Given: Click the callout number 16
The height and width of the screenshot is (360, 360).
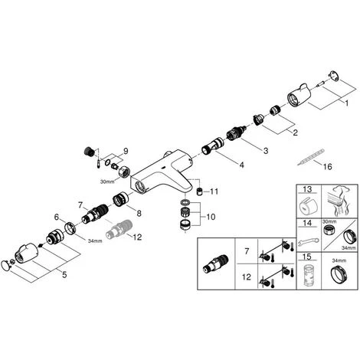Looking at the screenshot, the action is [x=328, y=167].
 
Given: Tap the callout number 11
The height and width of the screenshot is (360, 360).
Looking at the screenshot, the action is [x=214, y=191].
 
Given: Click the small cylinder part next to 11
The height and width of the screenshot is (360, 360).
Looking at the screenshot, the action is [x=200, y=191].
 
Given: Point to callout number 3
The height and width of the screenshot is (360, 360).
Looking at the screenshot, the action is [x=266, y=151].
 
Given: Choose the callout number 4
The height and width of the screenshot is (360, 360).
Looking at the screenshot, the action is [x=241, y=165].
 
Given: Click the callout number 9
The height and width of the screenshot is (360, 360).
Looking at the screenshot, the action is [x=126, y=151].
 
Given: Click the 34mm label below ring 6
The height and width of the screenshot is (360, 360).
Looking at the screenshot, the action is [x=95, y=241].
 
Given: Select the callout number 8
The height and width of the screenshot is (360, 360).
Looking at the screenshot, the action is [x=139, y=213].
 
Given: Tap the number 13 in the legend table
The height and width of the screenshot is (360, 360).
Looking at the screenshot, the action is [x=307, y=189].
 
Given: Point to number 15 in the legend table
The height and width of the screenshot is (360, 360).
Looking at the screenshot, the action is [x=308, y=257].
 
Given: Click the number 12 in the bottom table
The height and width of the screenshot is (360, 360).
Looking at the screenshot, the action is [x=247, y=277].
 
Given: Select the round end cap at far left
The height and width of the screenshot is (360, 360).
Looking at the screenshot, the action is [x=5, y=263].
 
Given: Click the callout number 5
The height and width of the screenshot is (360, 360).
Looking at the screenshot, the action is [x=64, y=275].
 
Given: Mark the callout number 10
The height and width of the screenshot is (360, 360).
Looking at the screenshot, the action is [x=211, y=217].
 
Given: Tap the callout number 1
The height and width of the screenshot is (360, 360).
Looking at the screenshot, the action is [x=346, y=103].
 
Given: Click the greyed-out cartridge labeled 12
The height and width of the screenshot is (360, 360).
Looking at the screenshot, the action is [x=118, y=229].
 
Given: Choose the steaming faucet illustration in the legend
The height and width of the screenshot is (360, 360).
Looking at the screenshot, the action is [x=339, y=201].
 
